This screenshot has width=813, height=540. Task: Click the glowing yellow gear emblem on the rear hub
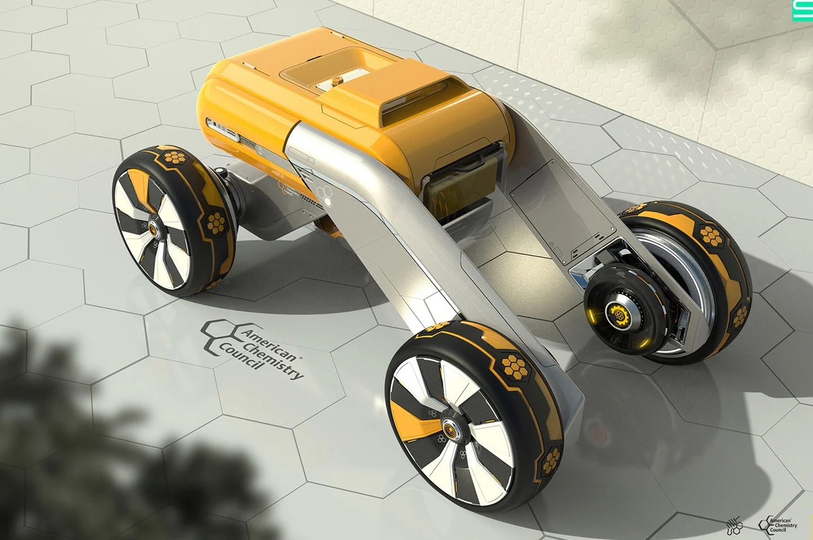pyautogui.click(x=617, y=311)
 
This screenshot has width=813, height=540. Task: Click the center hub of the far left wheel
pyautogui.click(x=153, y=224)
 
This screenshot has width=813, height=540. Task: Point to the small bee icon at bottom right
pyautogui.click(x=734, y=525)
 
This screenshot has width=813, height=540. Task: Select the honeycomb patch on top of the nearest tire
pyautogui.click(x=513, y=365)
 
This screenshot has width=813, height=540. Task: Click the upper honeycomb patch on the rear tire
pyautogui.click(x=711, y=236)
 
